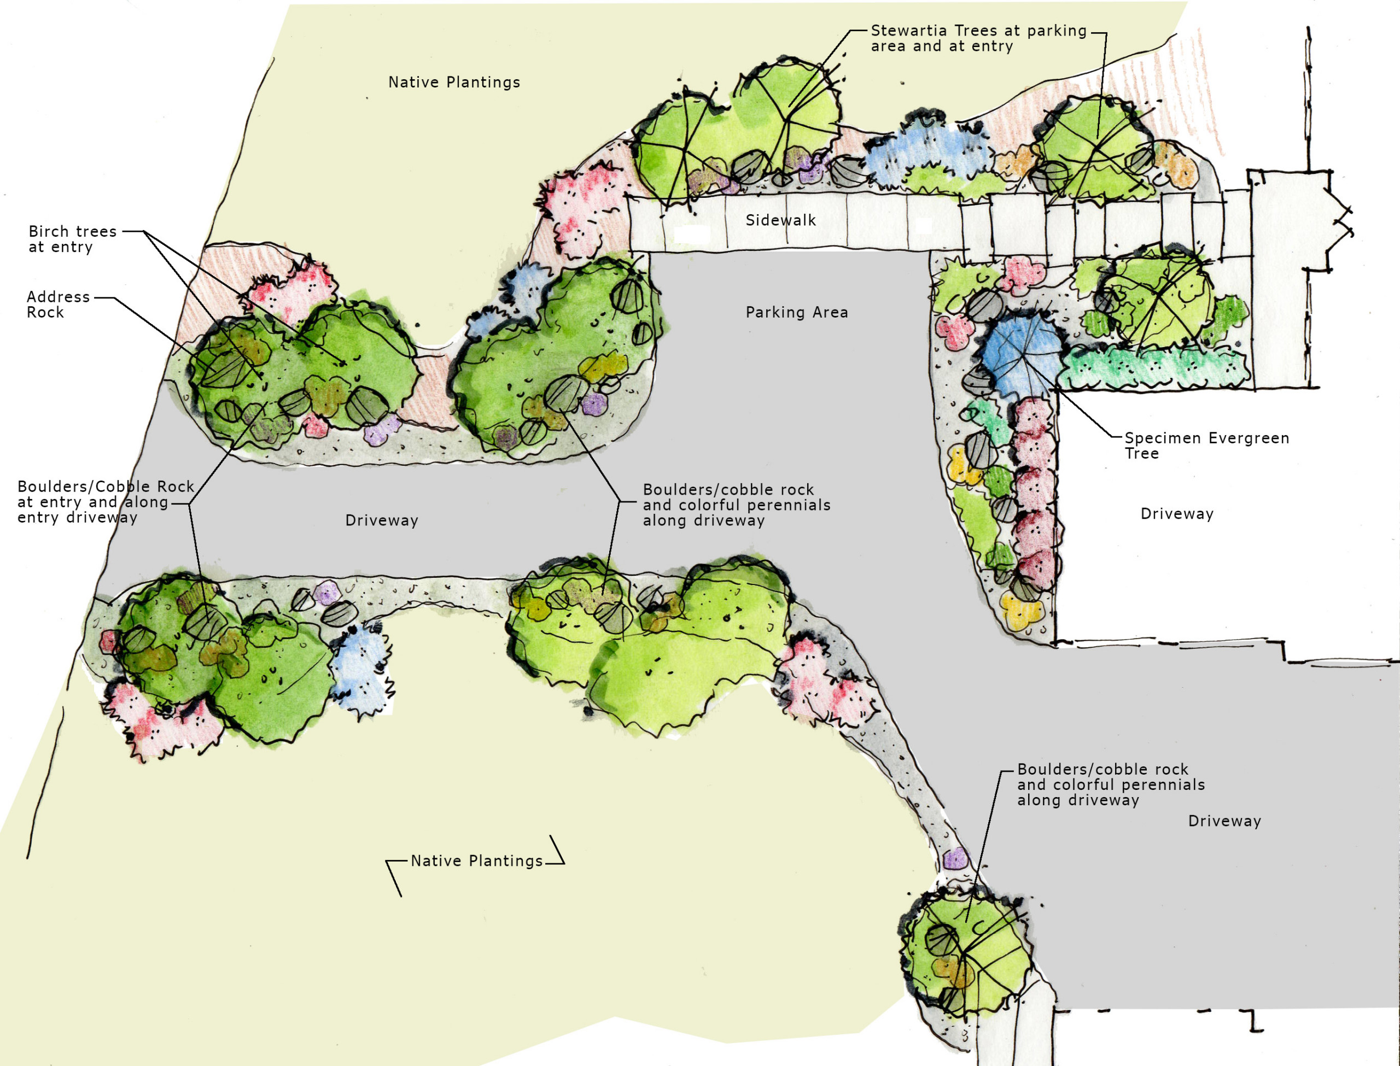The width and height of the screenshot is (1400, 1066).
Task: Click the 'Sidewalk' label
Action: pyautogui.click(x=780, y=220)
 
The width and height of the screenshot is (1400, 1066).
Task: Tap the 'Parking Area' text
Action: pyautogui.click(x=796, y=312)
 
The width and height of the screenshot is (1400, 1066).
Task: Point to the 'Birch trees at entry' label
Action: pyautogui.click(x=72, y=239)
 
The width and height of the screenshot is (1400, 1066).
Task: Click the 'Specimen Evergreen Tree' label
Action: pyautogui.click(x=1206, y=446)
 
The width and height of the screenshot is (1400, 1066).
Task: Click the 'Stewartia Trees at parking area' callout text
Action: pyautogui.click(x=978, y=38)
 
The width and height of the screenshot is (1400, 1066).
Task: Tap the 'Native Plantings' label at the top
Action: pyautogui.click(x=454, y=83)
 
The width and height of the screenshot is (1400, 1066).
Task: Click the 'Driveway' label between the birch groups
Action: pyautogui.click(x=381, y=521)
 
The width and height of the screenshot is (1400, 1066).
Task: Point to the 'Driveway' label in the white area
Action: pyautogui.click(x=1177, y=514)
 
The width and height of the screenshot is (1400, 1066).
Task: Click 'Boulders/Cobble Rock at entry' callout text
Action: pyautogui.click(x=104, y=502)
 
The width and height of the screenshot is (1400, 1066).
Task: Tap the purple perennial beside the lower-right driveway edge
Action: pyautogui.click(x=954, y=859)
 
